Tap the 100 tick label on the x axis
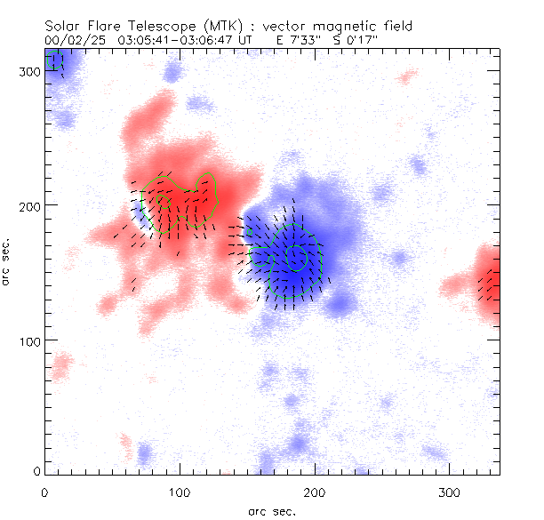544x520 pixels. [180, 492]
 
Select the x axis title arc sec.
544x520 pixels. [271, 510]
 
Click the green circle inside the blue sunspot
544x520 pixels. [296, 258]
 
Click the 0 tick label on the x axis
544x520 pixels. [44, 492]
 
